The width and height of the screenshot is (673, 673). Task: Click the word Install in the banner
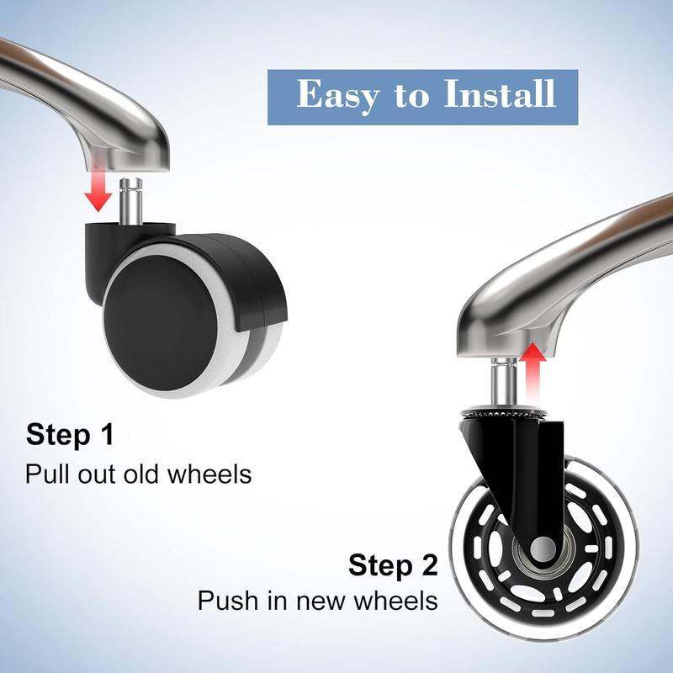(x=495, y=94)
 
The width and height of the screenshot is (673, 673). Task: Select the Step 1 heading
(x=69, y=435)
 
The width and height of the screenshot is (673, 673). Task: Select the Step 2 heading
(x=393, y=564)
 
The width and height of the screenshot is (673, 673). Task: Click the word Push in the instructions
(x=224, y=601)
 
